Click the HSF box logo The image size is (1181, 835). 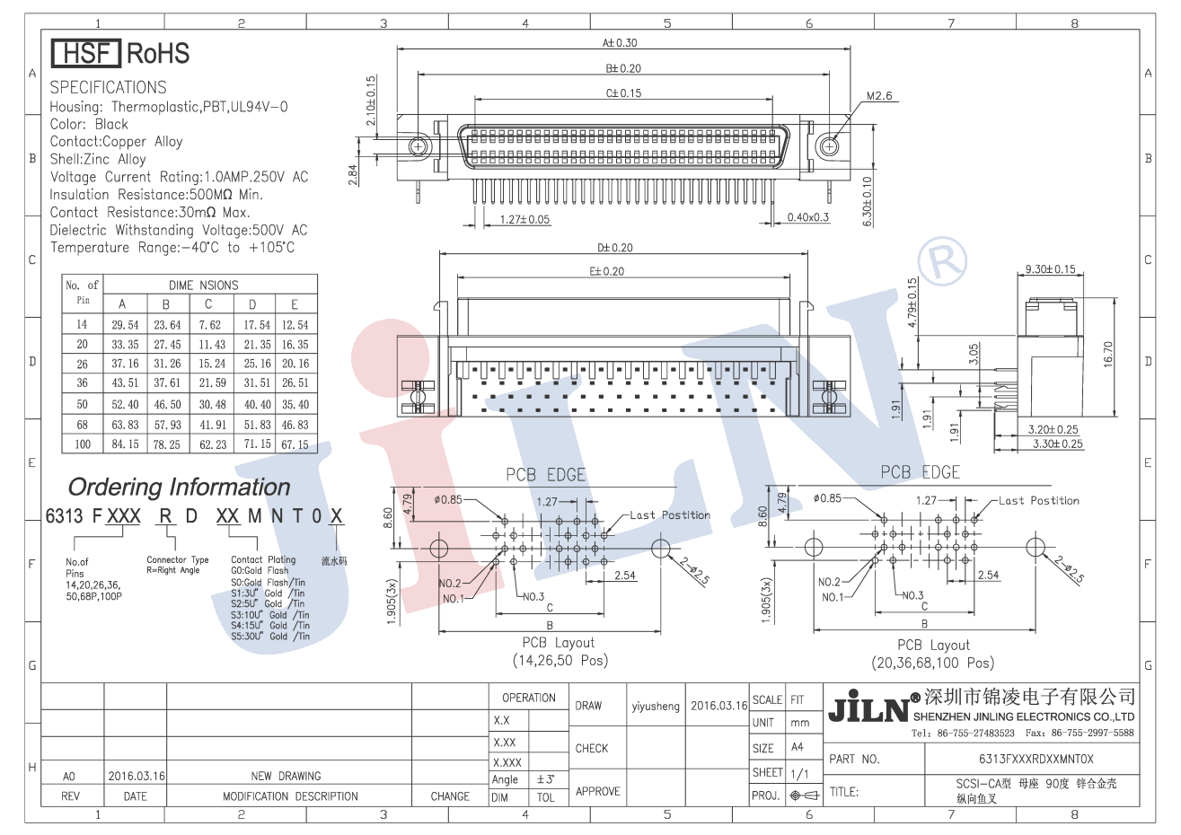(85, 54)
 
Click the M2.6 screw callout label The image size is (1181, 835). (878, 96)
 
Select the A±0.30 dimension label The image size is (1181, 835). (620, 43)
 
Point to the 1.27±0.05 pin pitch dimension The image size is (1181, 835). (524, 219)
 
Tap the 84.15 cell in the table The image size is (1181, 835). (125, 444)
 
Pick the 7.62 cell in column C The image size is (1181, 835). (209, 325)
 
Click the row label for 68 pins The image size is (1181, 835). (83, 425)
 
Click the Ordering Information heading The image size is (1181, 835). (180, 488)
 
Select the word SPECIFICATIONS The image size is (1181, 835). (108, 88)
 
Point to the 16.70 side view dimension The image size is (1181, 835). (1107, 354)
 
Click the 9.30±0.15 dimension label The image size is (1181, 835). (1050, 269)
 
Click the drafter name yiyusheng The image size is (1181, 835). (656, 707)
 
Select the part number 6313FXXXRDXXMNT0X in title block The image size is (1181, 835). (1036, 760)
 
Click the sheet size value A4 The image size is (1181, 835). (798, 747)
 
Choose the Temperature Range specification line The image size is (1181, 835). (172, 248)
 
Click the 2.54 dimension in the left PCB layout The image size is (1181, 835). (624, 576)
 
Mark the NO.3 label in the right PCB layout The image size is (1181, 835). (912, 595)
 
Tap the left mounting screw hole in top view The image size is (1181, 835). (419, 146)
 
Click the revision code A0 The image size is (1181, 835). (69, 777)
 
